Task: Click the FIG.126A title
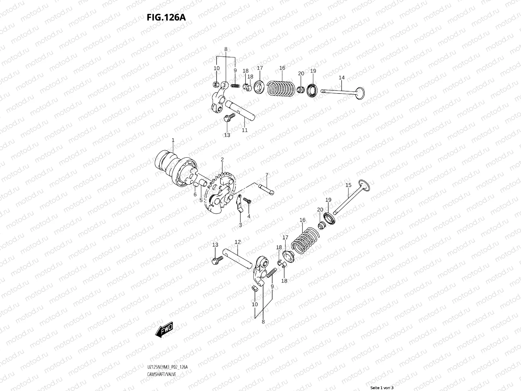pyautogui.click(x=166, y=17)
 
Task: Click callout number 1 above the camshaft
pyautogui.click(x=173, y=140)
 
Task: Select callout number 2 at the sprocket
pyautogui.click(x=222, y=160)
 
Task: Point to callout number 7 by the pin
pyautogui.click(x=267, y=175)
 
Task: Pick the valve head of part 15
pyautogui.click(x=364, y=185)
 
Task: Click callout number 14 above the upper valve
pyautogui.click(x=342, y=78)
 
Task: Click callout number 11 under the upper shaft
pyautogui.click(x=245, y=130)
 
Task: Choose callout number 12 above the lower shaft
pyautogui.click(x=238, y=242)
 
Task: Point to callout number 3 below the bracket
pyautogui.click(x=240, y=225)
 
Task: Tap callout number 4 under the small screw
pyautogui.click(x=249, y=216)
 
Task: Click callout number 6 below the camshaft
pyautogui.click(x=195, y=195)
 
